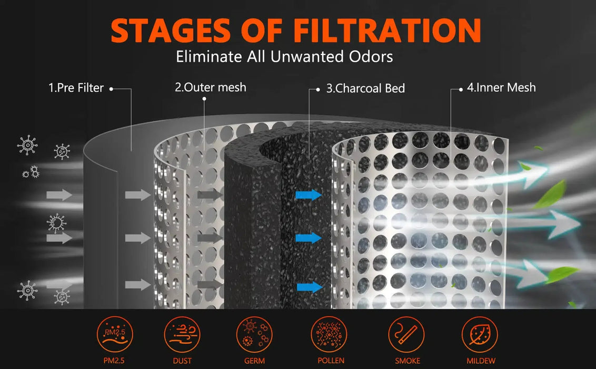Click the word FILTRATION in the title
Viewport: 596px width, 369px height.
[x=387, y=31]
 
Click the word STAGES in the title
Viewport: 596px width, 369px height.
[x=171, y=31]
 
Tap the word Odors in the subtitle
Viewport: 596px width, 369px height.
[x=366, y=57]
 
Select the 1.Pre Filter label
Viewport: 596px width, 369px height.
[x=76, y=88]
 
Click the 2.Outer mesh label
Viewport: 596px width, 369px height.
[x=211, y=87]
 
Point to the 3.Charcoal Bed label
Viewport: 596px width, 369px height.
[x=366, y=88]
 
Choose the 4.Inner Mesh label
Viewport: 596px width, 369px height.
[x=501, y=88]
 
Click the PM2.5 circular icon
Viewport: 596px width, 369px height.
[x=114, y=335]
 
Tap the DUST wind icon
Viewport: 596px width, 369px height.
[x=182, y=335]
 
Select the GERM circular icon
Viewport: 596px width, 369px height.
[x=254, y=335]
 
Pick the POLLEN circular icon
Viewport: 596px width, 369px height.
[x=329, y=335]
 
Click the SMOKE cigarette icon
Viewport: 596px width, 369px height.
[x=406, y=335]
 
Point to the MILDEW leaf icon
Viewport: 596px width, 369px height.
[x=480, y=335]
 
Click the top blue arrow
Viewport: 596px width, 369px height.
[x=309, y=195]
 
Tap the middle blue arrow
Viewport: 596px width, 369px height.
[x=309, y=238]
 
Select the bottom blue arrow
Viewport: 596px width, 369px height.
[x=310, y=287]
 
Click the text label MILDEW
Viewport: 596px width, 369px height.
[x=481, y=361]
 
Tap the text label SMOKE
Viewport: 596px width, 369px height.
[x=407, y=361]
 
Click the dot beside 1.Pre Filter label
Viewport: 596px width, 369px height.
[x=111, y=89]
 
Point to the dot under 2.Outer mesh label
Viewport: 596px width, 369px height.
[x=204, y=99]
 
